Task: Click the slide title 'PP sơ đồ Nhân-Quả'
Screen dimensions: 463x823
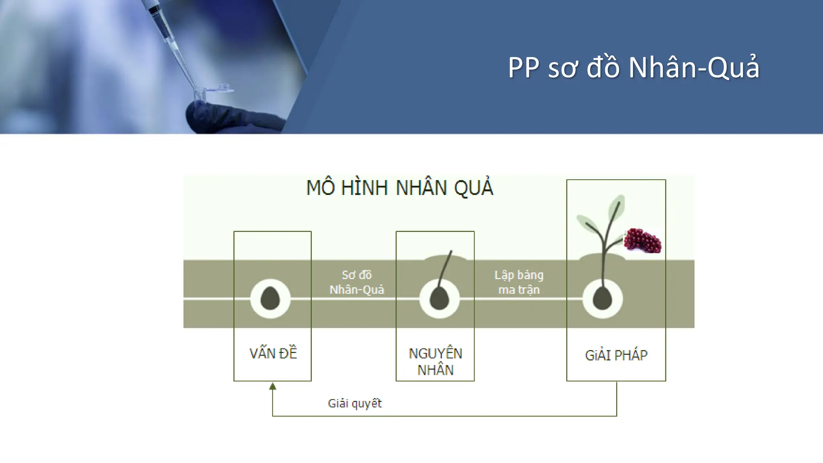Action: (x=634, y=67)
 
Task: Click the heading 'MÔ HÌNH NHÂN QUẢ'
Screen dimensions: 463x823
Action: (x=399, y=188)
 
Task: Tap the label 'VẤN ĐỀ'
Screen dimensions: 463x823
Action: (x=273, y=354)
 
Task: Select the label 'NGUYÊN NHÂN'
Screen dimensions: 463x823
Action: (x=435, y=361)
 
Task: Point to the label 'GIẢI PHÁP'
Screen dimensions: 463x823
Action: (x=616, y=355)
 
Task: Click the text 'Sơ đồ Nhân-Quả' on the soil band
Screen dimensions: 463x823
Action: (x=356, y=282)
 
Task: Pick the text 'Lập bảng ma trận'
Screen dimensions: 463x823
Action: (x=519, y=282)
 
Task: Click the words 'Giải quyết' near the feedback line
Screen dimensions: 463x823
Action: (x=354, y=403)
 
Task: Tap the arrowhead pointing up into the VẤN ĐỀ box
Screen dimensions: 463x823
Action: (x=272, y=386)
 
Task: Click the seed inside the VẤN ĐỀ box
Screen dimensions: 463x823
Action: (x=270, y=298)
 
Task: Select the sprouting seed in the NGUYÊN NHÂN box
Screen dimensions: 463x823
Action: (x=439, y=299)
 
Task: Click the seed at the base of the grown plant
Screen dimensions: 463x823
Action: (x=602, y=299)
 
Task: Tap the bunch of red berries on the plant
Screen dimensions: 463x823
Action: (x=642, y=241)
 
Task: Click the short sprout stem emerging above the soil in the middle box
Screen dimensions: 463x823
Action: (x=446, y=265)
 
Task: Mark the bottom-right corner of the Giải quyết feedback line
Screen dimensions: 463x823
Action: (x=616, y=416)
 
